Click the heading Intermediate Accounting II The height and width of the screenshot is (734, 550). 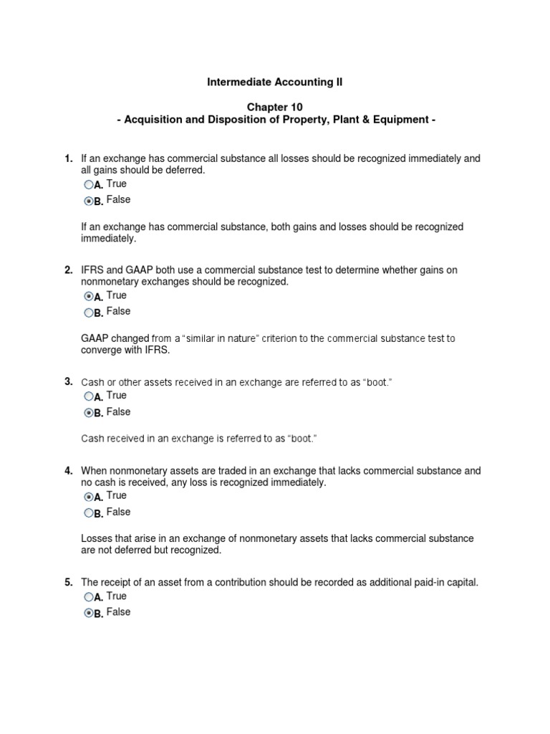pyautogui.click(x=274, y=82)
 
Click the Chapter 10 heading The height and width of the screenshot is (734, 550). pyautogui.click(x=274, y=107)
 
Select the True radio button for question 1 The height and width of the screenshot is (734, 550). pyautogui.click(x=88, y=185)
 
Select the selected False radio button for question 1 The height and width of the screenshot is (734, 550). pyautogui.click(x=88, y=201)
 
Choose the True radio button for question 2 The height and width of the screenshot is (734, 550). pyautogui.click(x=88, y=296)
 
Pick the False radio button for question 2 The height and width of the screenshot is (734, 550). pyautogui.click(x=88, y=313)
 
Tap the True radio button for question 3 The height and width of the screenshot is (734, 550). pyautogui.click(x=88, y=396)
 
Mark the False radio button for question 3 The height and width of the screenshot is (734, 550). pyautogui.click(x=88, y=413)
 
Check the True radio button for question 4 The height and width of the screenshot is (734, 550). pyautogui.click(x=88, y=497)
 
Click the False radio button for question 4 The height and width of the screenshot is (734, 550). pyautogui.click(x=88, y=513)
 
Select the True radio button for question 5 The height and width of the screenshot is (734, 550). pyautogui.click(x=88, y=597)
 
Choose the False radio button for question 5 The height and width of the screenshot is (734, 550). pyautogui.click(x=88, y=614)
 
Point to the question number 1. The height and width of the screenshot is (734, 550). pyautogui.click(x=68, y=158)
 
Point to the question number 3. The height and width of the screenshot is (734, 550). pyautogui.click(x=68, y=381)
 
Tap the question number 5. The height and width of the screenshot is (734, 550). pyautogui.click(x=68, y=583)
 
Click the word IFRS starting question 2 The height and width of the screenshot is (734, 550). pyautogui.click(x=92, y=270)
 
